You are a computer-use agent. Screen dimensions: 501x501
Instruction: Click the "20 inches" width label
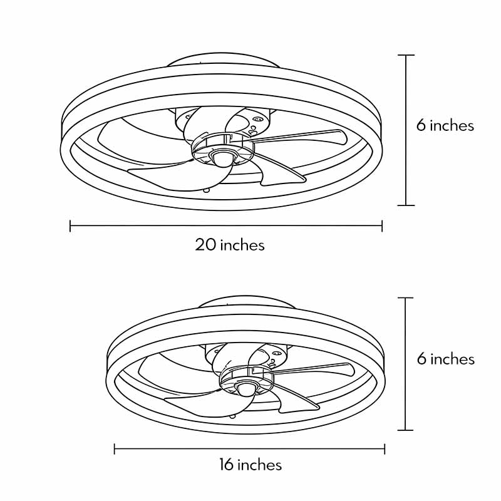click(230, 244)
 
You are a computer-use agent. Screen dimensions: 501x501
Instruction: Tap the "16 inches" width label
click(250, 465)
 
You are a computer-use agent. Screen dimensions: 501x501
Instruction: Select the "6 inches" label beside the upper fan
click(445, 125)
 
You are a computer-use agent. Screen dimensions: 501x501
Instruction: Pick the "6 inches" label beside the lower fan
click(445, 359)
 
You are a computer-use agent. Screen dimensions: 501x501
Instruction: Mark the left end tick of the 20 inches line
click(70, 225)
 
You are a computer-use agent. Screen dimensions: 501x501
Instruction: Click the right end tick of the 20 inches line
click(382, 225)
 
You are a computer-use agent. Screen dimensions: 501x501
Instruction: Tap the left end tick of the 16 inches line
click(115, 448)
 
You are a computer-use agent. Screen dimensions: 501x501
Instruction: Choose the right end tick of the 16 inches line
click(385, 448)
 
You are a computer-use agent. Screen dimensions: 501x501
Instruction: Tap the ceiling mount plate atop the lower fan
click(246, 304)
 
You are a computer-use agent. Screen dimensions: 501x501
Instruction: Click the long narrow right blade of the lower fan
click(319, 369)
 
